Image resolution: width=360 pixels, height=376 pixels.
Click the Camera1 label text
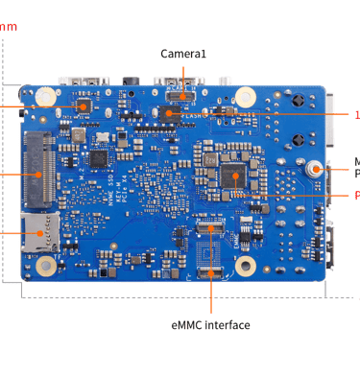(x=182, y=54)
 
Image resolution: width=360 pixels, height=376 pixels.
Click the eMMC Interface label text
(x=211, y=325)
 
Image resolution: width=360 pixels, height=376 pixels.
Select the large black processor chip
(x=233, y=175)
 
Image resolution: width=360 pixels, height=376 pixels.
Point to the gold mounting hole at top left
(x=45, y=97)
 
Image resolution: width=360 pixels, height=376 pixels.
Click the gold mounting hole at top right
(x=245, y=97)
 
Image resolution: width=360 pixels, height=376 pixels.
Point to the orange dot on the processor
(x=233, y=176)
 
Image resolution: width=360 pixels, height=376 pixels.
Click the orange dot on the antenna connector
(x=314, y=168)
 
